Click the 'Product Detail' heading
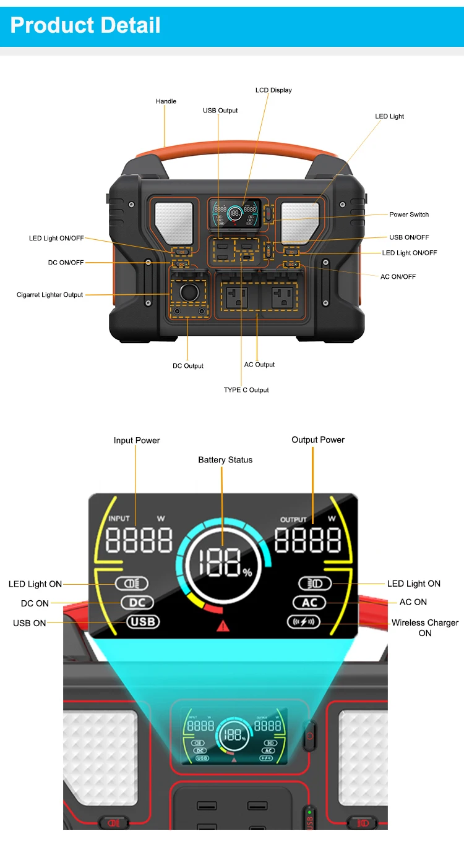click(85, 25)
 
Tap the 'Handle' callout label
click(166, 101)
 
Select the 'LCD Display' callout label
click(273, 90)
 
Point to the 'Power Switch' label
click(409, 214)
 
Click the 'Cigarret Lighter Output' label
click(49, 295)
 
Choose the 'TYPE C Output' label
click(246, 390)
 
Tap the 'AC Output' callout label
click(259, 365)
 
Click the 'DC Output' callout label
click(188, 366)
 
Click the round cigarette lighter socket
click(189, 292)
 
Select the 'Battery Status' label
click(225, 460)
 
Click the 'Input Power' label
click(137, 441)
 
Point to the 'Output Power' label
click(318, 440)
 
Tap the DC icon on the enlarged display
click(137, 603)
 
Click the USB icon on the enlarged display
click(143, 622)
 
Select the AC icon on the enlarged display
click(309, 603)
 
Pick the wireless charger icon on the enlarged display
click(303, 622)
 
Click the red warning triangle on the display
click(223, 626)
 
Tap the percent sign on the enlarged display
click(247, 573)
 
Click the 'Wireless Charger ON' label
click(425, 627)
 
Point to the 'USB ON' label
click(30, 623)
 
